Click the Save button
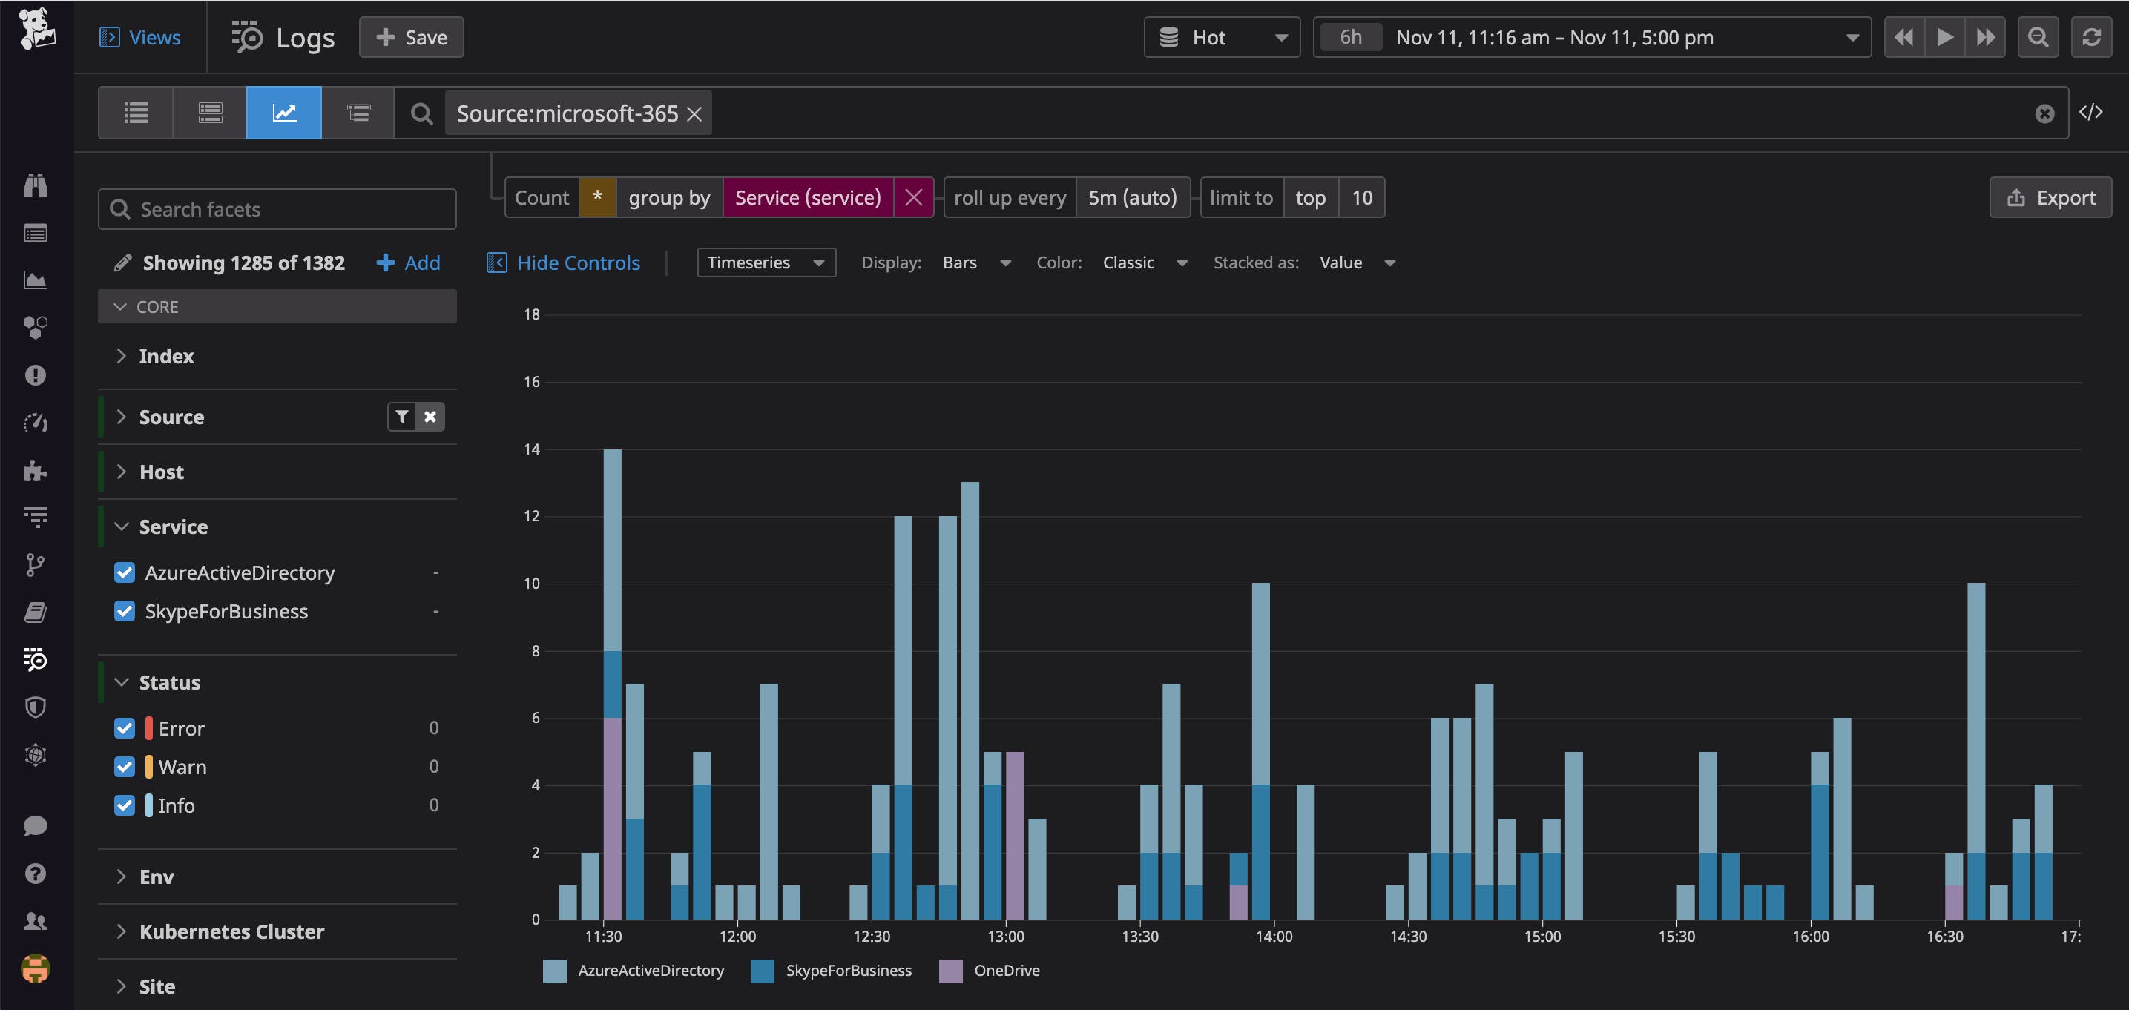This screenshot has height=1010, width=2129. [411, 37]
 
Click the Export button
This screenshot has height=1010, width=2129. [2050, 197]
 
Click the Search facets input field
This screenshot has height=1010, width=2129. [277, 209]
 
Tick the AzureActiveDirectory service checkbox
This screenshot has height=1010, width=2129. [125, 572]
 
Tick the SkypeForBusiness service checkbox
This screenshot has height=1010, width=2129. [125, 612]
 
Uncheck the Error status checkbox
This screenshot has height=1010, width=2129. [125, 728]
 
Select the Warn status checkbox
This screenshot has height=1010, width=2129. [125, 767]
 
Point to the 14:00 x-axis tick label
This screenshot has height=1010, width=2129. [1274, 937]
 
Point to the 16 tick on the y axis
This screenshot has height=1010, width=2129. [531, 382]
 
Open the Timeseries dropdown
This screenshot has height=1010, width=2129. [766, 263]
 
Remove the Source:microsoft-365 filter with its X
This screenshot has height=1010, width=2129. [694, 114]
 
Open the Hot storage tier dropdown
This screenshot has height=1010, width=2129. [1222, 37]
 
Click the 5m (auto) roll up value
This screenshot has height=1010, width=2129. [1132, 197]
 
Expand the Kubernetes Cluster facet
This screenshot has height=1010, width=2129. [231, 931]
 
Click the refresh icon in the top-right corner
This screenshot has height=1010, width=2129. [2091, 37]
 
